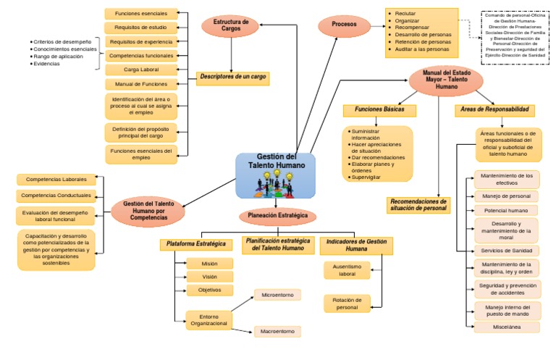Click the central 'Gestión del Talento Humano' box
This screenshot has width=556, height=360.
coord(276,175)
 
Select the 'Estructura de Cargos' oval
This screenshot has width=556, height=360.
coord(230,26)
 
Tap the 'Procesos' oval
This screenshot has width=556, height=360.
coord(344,25)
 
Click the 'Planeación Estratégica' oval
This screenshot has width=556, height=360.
coord(277,216)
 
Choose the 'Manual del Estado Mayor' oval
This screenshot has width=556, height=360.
coord(447,80)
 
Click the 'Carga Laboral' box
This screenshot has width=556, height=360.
coord(141,70)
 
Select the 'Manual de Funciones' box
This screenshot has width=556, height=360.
coord(141,84)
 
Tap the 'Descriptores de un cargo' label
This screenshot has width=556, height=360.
coord(232,78)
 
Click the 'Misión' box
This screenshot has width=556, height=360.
coord(209,264)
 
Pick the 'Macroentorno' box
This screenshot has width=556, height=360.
coord(277,331)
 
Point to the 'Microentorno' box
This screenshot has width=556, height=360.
coord(277,296)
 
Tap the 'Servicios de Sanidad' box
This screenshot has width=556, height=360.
coord(507,250)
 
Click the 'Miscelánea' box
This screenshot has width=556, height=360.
coord(507,327)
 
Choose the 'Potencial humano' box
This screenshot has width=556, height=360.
coord(507,210)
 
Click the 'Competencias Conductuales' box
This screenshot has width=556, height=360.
coord(56,196)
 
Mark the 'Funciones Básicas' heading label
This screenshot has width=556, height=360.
coord(379,110)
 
